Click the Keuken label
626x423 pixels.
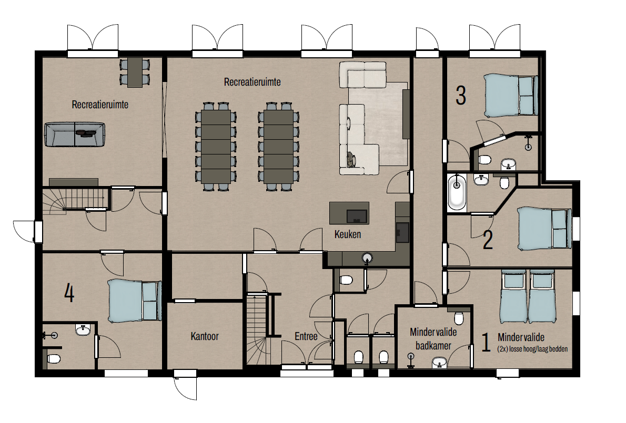click(347, 234)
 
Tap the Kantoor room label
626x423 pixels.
click(205, 336)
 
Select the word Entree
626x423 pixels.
click(306, 336)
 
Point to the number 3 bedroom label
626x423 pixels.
click(461, 96)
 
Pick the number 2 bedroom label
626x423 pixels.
click(488, 239)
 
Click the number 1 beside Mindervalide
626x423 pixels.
click(486, 343)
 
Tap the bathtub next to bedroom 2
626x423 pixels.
click(457, 193)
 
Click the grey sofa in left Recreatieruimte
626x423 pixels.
click(75, 135)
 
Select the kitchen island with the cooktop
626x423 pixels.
click(349, 213)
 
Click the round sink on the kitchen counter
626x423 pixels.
click(367, 258)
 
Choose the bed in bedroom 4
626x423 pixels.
click(134, 301)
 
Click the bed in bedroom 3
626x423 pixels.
click(511, 95)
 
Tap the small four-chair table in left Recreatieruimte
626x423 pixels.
click(135, 72)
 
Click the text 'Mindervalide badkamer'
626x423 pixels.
click(433, 338)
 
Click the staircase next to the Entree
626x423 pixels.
click(257, 328)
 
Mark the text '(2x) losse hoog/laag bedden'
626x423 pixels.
click(532, 349)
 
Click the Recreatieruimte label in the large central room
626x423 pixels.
click(253, 82)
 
